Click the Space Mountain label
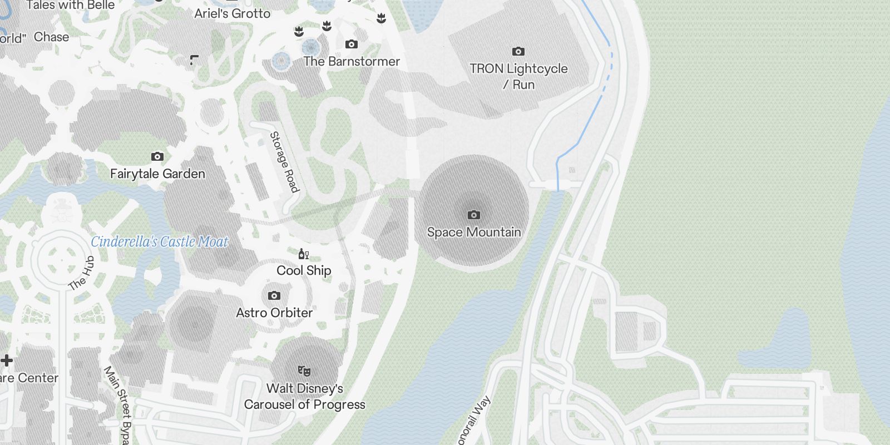pos(474,232)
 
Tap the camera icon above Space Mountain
pos(474,215)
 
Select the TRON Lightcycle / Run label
pos(518,76)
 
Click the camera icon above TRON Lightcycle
pos(518,52)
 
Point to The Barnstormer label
pos(352,61)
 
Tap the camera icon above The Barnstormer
pos(352,44)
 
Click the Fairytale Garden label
pos(157,174)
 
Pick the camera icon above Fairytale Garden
pos(157,156)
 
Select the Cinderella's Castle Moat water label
pos(160,241)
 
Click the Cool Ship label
pos(304,270)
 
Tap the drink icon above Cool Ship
pos(303,254)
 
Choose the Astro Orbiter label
pos(274,313)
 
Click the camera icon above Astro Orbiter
pos(274,295)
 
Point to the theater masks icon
pos(304,370)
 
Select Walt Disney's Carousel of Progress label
pos(305,396)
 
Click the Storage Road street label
pos(284,162)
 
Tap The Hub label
pos(81,273)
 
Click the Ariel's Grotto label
pos(233,13)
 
